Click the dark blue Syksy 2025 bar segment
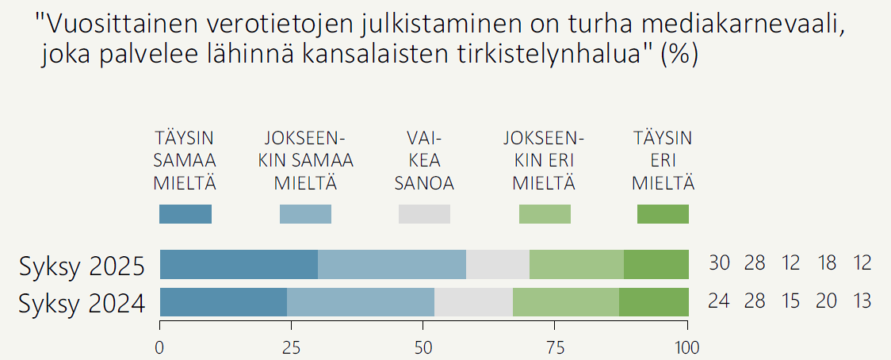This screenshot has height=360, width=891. click(x=239, y=264)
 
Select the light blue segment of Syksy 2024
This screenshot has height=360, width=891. click(x=361, y=302)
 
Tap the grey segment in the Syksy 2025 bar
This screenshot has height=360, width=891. click(x=498, y=264)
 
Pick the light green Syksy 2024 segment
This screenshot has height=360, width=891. click(x=566, y=302)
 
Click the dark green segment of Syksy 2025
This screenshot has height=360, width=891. click(x=656, y=264)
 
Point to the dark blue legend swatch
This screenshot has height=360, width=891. click(x=185, y=214)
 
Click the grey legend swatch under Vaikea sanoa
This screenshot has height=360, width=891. click(x=424, y=214)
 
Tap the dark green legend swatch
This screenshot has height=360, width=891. click(x=663, y=214)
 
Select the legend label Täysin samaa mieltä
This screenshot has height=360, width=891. click(x=185, y=161)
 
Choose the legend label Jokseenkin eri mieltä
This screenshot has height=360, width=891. click(x=544, y=161)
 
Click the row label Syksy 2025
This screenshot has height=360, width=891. click(x=82, y=266)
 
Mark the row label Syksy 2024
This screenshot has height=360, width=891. click(x=82, y=303)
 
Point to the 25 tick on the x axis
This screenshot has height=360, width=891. click(x=292, y=347)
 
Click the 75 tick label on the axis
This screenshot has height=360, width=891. click(x=556, y=347)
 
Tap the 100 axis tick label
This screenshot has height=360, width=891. click(x=686, y=347)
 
